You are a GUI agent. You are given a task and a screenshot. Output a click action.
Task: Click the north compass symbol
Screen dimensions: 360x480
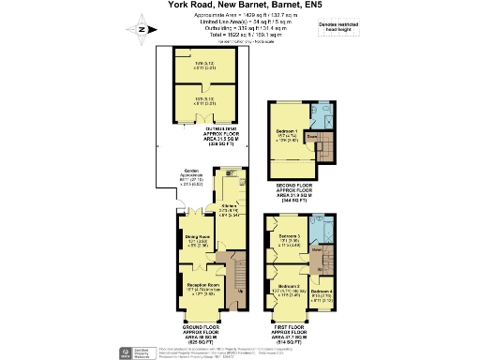click(x=141, y=29)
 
